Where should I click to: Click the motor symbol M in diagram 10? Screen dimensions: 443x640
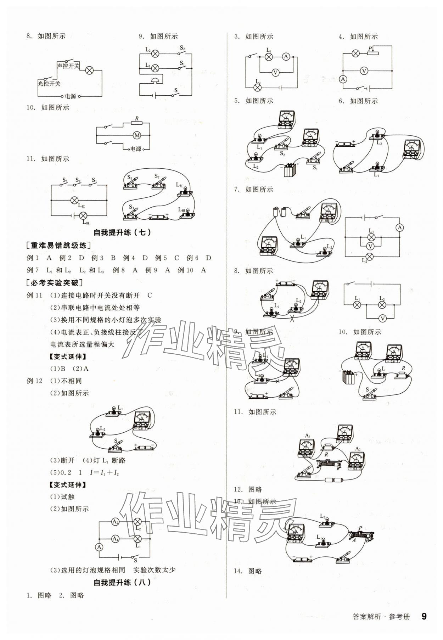[x=137, y=135]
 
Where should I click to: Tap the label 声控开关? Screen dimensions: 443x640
[x=68, y=66]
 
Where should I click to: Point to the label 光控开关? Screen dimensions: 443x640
[x=49, y=84]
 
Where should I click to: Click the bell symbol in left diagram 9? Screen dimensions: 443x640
[x=156, y=80]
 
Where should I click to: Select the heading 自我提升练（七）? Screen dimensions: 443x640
[x=122, y=232]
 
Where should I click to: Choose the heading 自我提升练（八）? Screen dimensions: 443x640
[x=122, y=582]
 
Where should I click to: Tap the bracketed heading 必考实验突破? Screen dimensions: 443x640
[x=55, y=283]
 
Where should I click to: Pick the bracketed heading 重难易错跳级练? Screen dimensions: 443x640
[x=58, y=245]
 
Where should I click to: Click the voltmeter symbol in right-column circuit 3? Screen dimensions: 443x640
[x=275, y=73]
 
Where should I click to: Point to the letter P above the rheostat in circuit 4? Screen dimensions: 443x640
[x=370, y=49]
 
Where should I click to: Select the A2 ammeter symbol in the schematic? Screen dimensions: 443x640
[x=115, y=522]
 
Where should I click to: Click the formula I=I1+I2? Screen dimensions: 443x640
[x=104, y=472]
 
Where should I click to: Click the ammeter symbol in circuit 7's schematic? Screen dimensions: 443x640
[x=400, y=228]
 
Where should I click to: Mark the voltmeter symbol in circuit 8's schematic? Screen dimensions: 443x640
[x=382, y=319]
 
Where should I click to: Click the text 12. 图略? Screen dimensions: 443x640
[x=248, y=489]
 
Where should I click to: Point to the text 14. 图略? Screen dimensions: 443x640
[x=248, y=571]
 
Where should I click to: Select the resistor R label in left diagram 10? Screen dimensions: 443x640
[x=137, y=118]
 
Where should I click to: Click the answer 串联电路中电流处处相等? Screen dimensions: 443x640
[x=95, y=308]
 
